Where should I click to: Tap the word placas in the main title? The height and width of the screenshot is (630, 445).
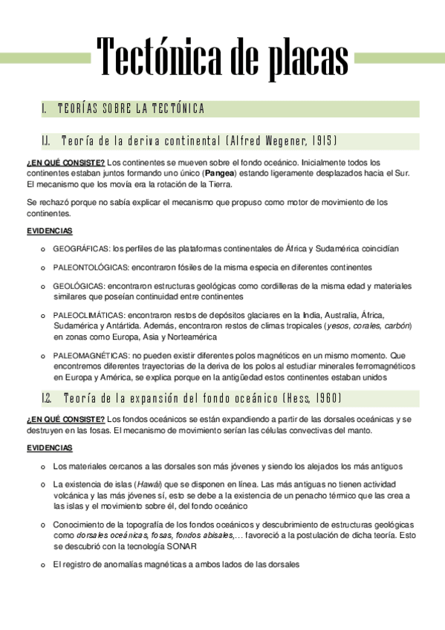[x=303, y=57]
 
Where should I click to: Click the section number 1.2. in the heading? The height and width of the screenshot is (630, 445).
[x=47, y=398]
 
